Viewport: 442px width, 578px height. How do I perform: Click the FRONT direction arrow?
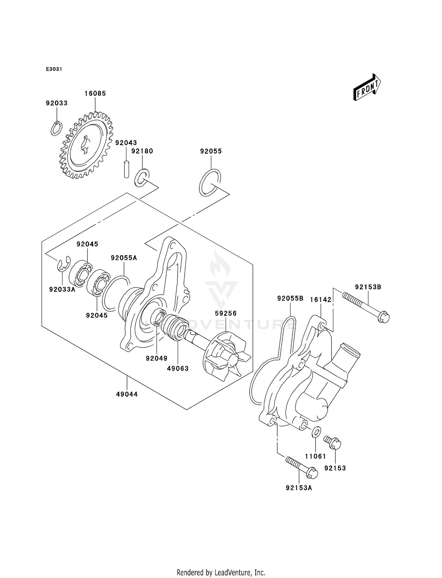(x=367, y=87)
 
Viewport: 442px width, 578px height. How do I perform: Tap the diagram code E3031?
(x=54, y=69)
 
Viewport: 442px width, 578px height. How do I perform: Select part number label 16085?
(x=95, y=93)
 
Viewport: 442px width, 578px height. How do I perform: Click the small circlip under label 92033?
(x=56, y=128)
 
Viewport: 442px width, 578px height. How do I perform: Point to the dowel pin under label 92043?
(x=126, y=169)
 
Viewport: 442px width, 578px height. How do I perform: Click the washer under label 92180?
(x=141, y=178)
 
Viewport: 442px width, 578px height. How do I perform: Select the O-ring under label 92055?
(x=210, y=183)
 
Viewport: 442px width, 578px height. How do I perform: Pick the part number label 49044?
(x=127, y=394)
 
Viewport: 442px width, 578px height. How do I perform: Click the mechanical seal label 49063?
(x=177, y=368)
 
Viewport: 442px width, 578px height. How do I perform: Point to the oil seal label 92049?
(x=156, y=358)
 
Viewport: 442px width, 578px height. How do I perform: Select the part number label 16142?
(x=321, y=300)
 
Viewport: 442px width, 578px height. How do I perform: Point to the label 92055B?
(x=290, y=298)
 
